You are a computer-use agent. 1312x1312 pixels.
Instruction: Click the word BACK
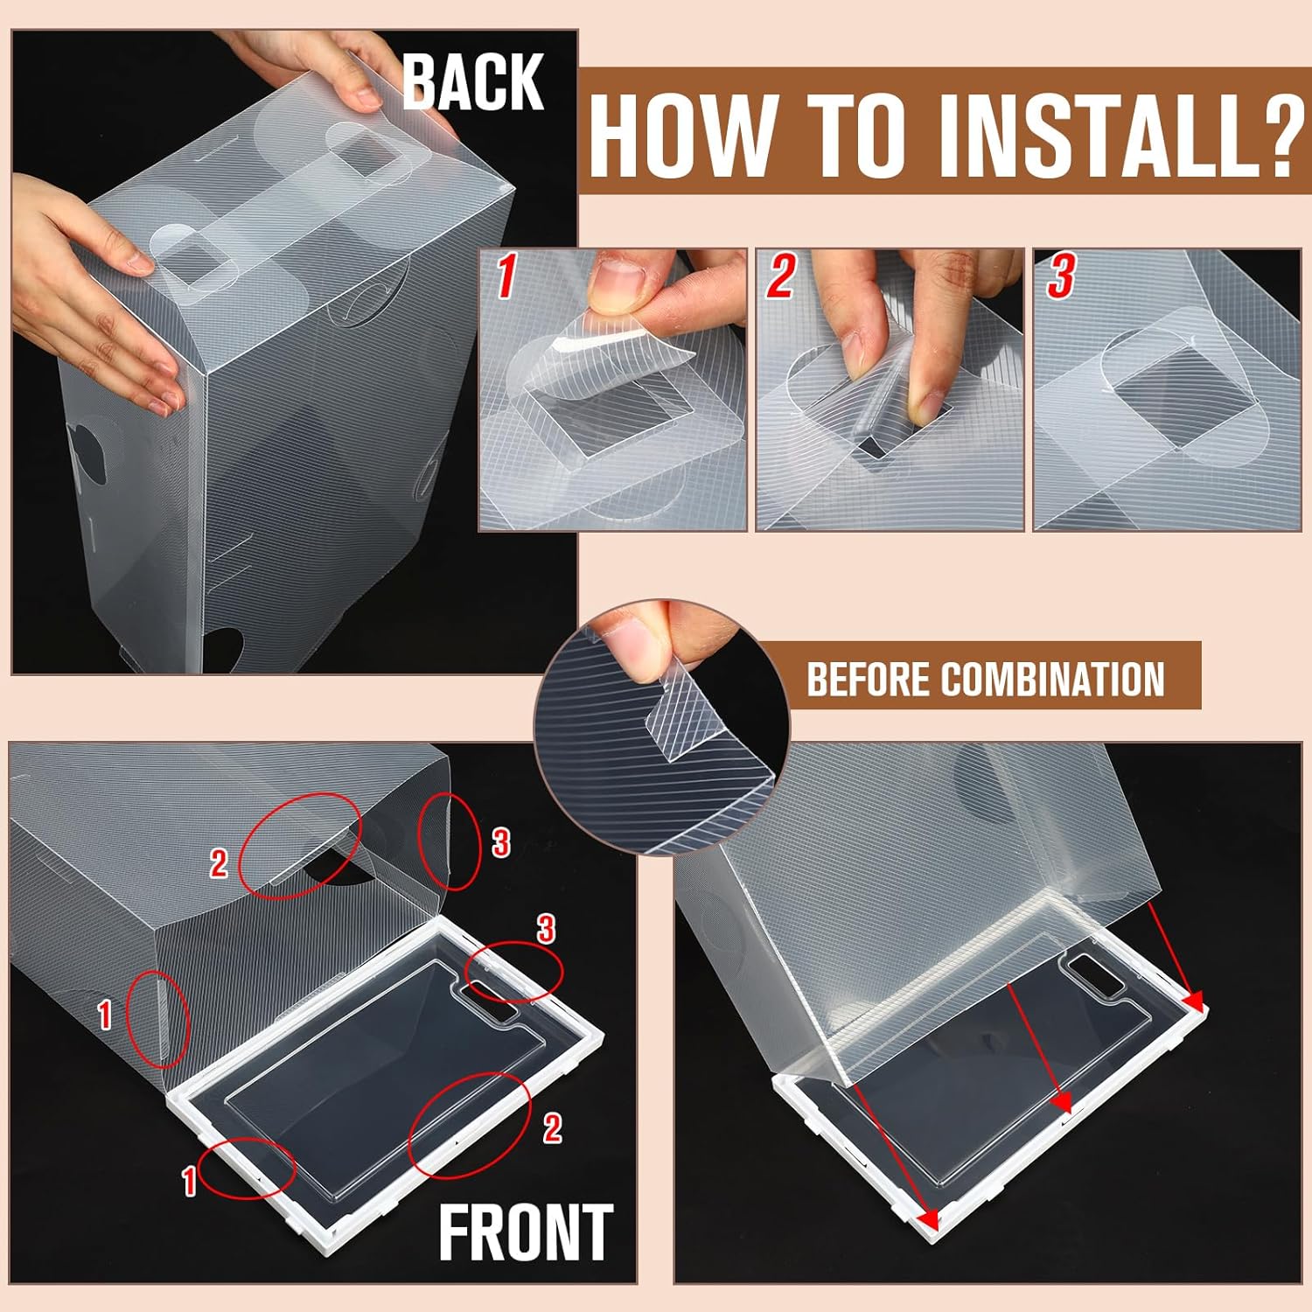click(x=473, y=82)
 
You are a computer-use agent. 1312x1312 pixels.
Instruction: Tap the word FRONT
click(x=526, y=1233)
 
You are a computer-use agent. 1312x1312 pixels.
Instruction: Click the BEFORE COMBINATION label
click(x=985, y=680)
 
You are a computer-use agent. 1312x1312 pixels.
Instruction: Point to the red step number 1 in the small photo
click(x=506, y=276)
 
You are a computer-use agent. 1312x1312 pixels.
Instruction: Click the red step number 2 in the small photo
click(x=780, y=276)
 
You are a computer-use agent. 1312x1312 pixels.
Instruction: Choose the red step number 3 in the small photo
click(x=1060, y=276)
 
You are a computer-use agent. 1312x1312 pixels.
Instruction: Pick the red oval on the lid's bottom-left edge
click(x=246, y=1169)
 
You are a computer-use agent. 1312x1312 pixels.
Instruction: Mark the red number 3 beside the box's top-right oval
click(x=500, y=843)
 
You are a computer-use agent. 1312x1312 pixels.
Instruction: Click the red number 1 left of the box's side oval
click(x=104, y=1015)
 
